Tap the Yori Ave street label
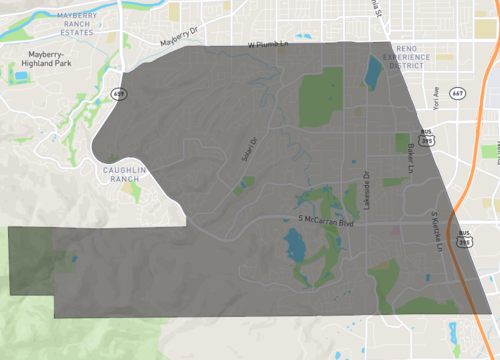coord(437,96)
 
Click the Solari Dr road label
coord(249,151)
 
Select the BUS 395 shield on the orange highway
coord(465,241)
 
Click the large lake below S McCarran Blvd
coord(295,243)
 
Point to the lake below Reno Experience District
coord(373,71)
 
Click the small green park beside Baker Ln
coord(402,143)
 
